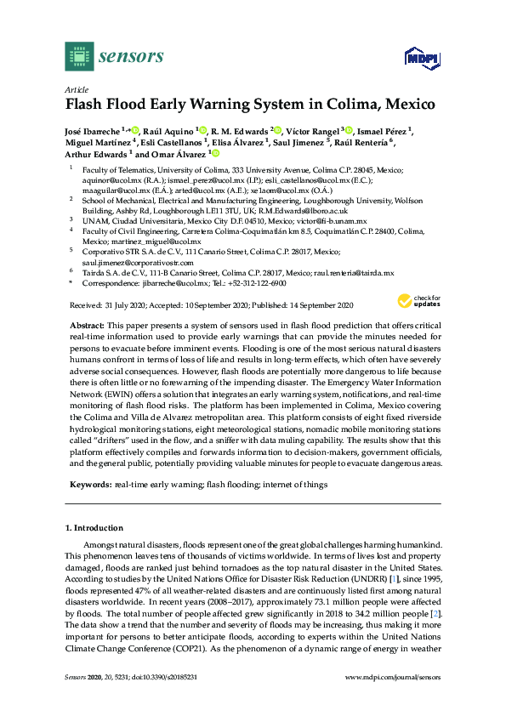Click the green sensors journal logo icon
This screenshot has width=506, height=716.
tap(78, 57)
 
